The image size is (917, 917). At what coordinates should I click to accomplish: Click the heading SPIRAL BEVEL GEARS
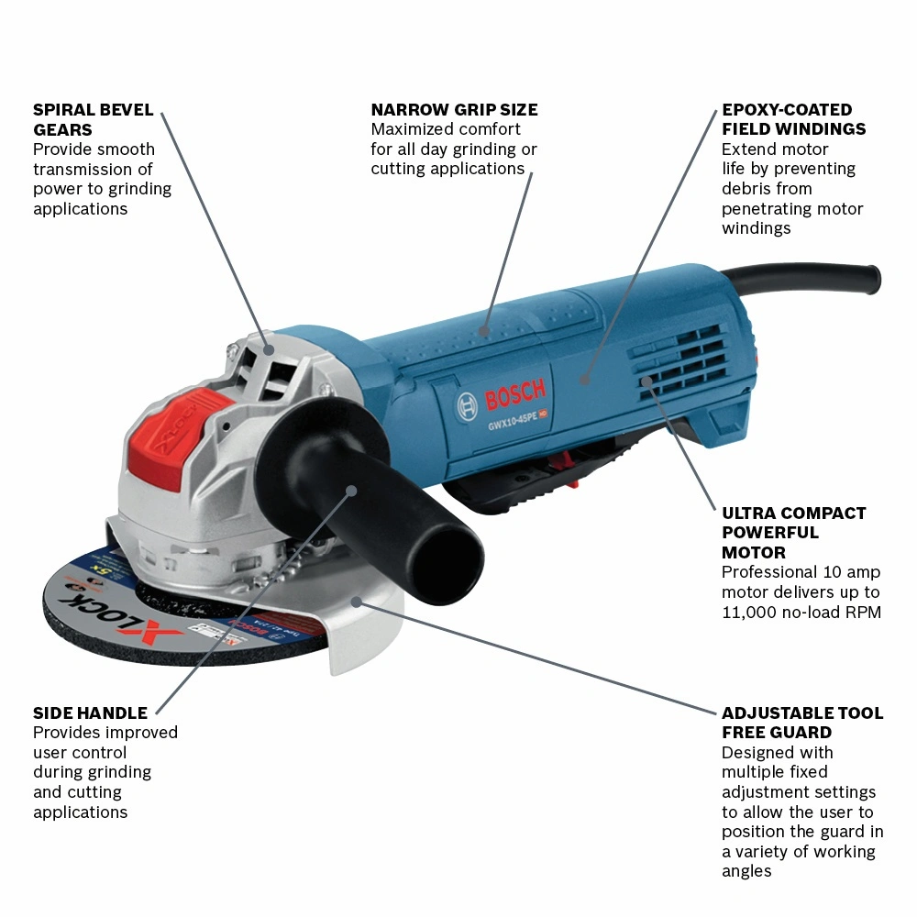click(93, 119)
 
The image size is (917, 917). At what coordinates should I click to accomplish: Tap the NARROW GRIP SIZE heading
click(455, 110)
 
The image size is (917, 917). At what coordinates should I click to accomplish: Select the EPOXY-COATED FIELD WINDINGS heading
click(793, 119)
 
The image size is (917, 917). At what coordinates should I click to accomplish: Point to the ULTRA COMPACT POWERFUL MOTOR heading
click(793, 533)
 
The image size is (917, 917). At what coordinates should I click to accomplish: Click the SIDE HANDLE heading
click(90, 713)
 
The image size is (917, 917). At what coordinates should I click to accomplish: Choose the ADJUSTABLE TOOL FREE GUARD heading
click(802, 723)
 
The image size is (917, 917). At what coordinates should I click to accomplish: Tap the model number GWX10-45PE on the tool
click(513, 421)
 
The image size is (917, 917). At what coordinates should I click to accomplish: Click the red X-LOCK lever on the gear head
click(175, 436)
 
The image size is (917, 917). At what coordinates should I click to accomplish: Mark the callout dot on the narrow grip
click(483, 331)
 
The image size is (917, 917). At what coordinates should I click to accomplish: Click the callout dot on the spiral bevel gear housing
click(269, 349)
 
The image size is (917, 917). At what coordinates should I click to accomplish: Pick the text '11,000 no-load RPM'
click(801, 613)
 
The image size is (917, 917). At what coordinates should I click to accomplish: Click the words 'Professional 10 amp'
click(801, 572)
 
